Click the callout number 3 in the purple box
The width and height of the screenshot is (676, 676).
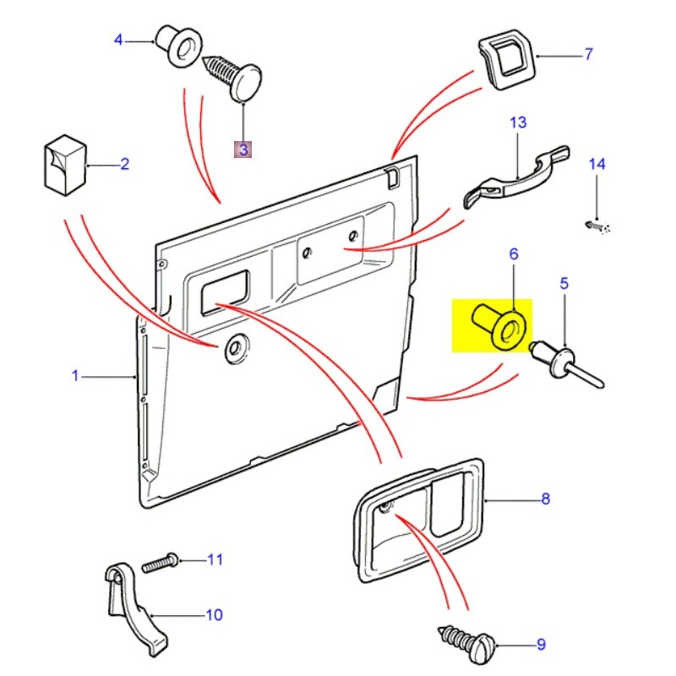click(x=243, y=150)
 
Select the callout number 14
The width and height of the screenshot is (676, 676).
click(x=597, y=164)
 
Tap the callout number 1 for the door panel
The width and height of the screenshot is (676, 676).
click(x=74, y=375)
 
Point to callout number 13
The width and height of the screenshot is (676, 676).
click(x=517, y=123)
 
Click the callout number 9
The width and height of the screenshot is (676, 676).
click(x=542, y=646)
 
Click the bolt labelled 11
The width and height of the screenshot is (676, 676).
click(x=161, y=562)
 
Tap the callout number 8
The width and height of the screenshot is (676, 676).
click(x=545, y=499)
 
